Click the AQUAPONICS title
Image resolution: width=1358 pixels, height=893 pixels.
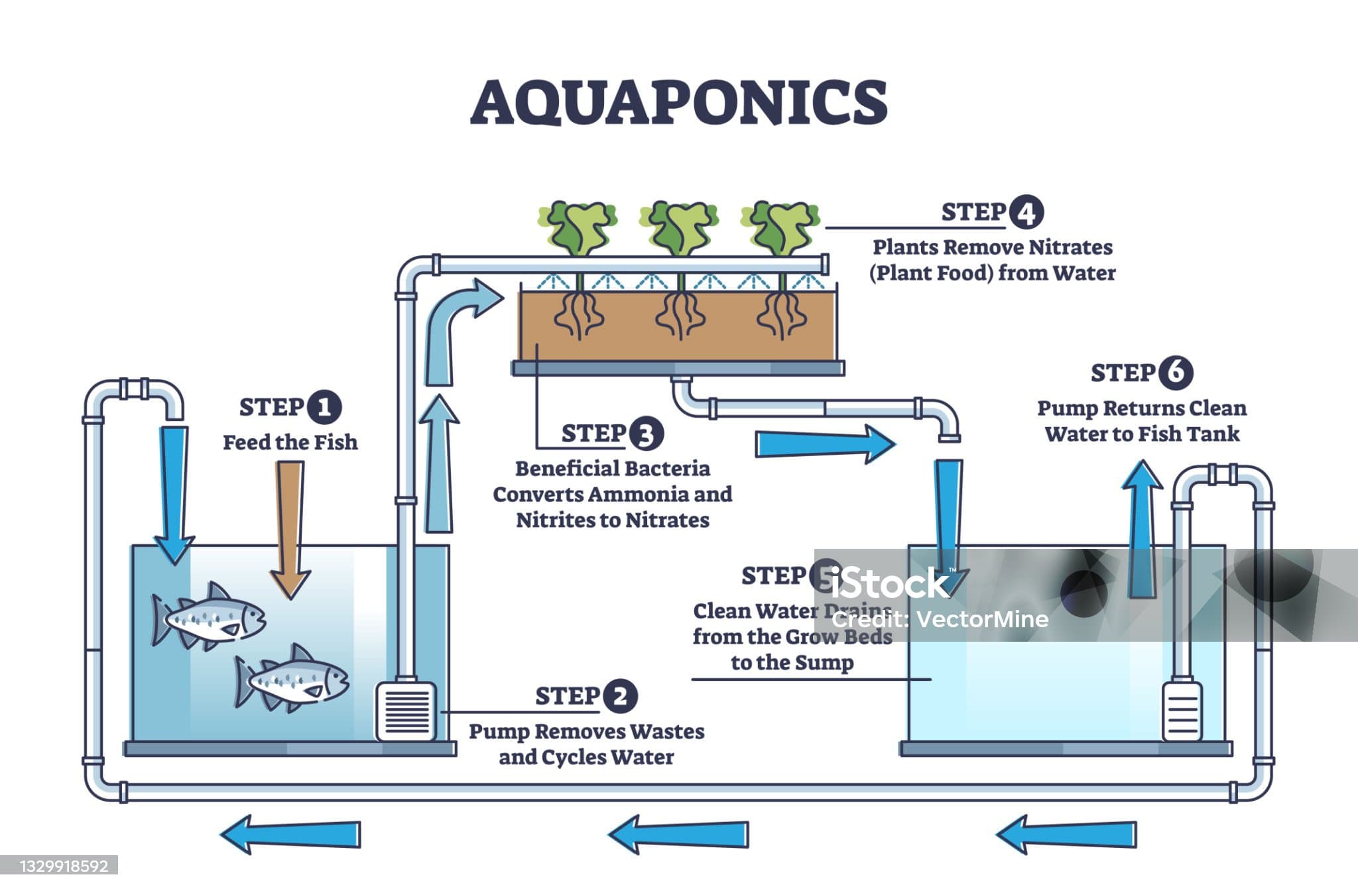click(678, 102)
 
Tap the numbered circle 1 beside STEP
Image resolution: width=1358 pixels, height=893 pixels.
click(324, 407)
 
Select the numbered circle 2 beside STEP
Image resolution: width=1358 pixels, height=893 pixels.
click(620, 696)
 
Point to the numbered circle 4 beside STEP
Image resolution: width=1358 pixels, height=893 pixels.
click(1026, 213)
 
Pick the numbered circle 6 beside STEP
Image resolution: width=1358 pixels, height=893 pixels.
click(1175, 373)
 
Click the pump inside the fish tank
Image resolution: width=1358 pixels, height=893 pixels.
click(406, 711)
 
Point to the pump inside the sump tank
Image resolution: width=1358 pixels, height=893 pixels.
click(1182, 712)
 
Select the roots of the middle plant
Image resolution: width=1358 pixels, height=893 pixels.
click(680, 315)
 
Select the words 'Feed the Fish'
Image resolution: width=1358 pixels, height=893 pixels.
click(290, 442)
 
